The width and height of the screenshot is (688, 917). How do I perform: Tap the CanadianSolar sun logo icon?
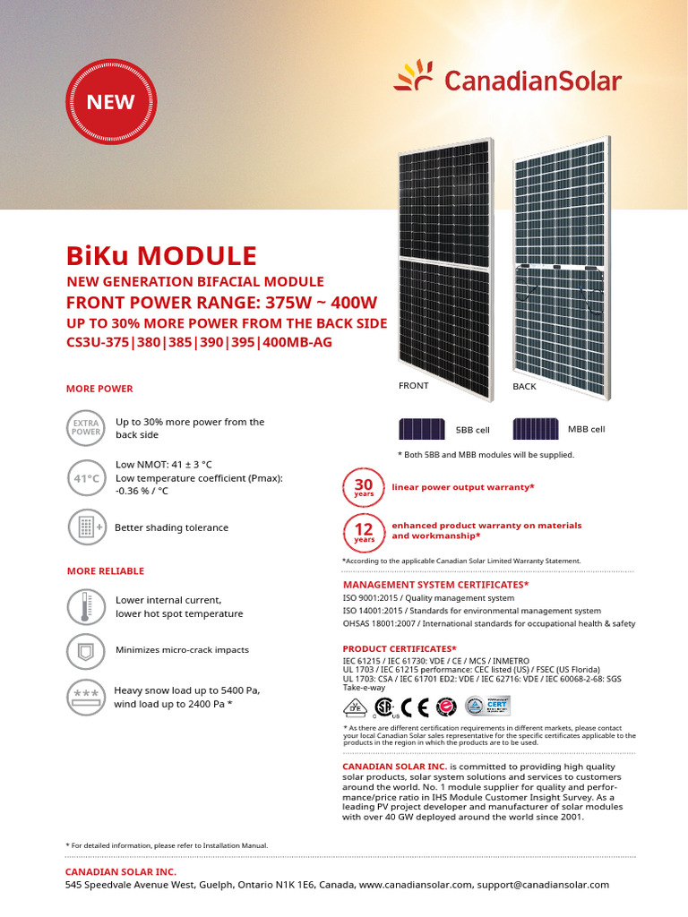click(416, 76)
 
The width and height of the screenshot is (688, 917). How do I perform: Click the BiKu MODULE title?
click(161, 256)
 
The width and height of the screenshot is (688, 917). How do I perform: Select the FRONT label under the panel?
click(414, 386)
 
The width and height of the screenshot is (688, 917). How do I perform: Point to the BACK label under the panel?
click(524, 387)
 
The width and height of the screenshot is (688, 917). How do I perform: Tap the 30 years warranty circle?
click(364, 488)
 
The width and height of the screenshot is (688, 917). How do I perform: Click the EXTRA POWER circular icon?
click(85, 427)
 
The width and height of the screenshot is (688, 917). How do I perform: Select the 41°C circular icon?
click(86, 478)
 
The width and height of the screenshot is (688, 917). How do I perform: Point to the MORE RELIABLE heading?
click(105, 571)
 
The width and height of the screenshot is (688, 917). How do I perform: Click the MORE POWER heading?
click(99, 389)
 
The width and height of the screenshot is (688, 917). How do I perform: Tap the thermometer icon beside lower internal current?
click(86, 606)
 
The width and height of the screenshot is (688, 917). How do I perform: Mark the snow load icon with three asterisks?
click(86, 697)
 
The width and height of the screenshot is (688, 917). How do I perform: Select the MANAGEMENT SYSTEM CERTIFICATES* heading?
click(435, 585)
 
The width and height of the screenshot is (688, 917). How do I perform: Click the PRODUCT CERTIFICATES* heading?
click(400, 648)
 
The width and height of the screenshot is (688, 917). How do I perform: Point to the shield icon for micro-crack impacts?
click(86, 650)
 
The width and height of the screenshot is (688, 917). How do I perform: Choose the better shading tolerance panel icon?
click(86, 527)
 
